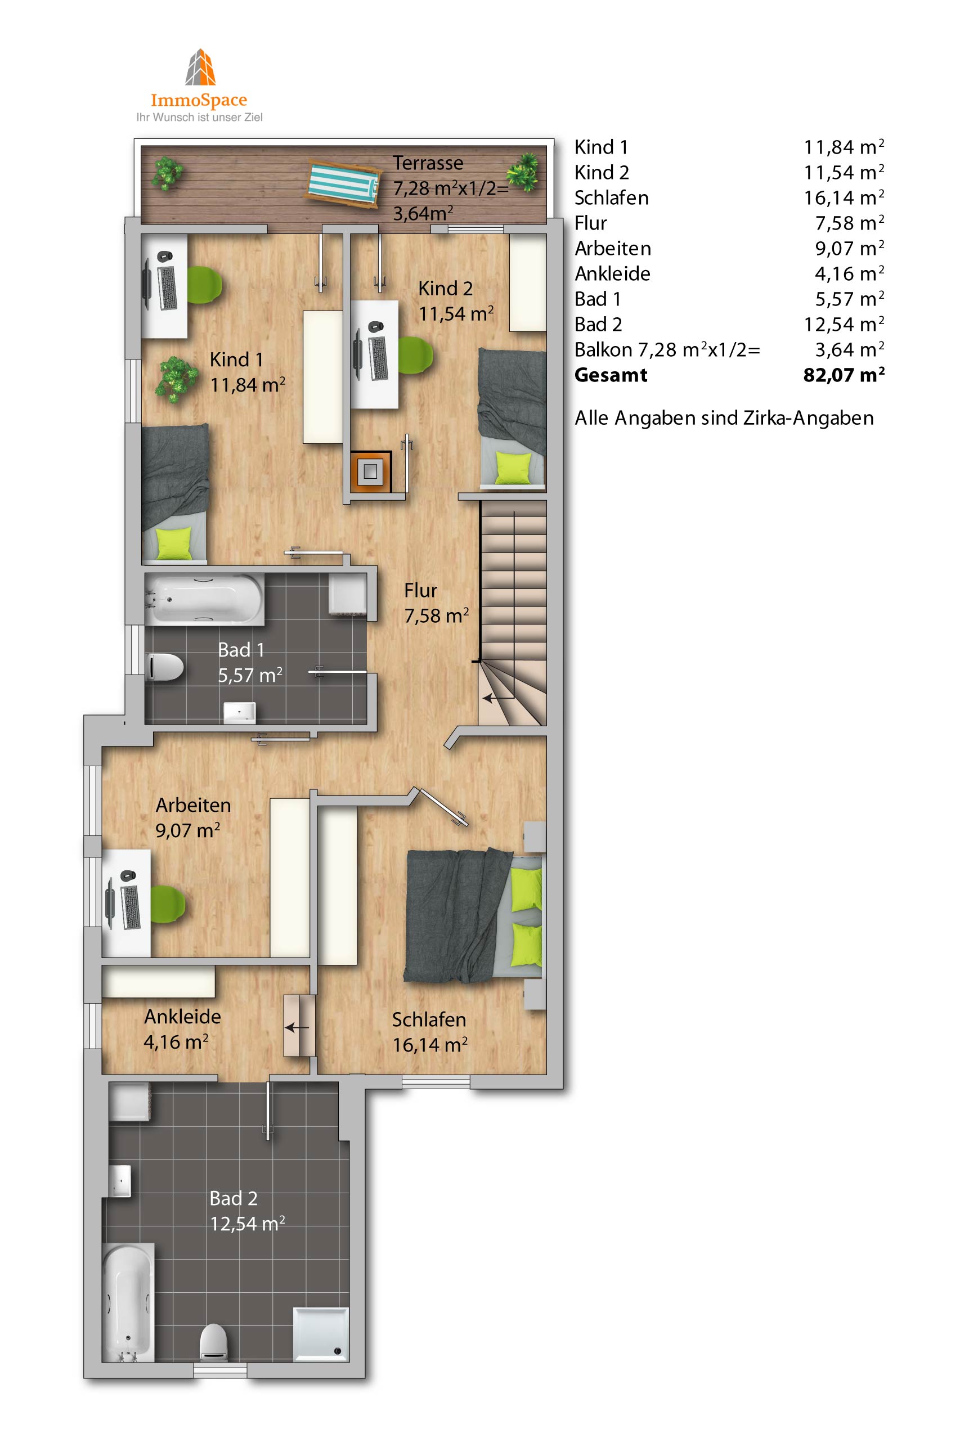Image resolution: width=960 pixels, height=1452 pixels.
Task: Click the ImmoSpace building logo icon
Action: click(x=200, y=67)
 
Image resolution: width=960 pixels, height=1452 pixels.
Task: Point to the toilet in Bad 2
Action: click(x=214, y=1343)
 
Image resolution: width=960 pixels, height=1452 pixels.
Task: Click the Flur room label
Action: click(x=420, y=591)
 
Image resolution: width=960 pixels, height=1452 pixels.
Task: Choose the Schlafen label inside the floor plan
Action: click(x=429, y=1019)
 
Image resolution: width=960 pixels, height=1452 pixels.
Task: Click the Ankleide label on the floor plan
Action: click(x=182, y=1016)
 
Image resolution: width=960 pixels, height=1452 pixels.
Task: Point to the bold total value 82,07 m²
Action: click(x=844, y=374)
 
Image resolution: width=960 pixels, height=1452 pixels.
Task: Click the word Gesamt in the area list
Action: click(x=611, y=375)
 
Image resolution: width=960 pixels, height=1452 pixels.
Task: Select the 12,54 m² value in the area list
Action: click(x=844, y=324)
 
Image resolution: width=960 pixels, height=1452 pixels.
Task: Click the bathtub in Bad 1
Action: click(x=204, y=599)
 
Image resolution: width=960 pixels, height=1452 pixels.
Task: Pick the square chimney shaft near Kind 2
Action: click(x=370, y=471)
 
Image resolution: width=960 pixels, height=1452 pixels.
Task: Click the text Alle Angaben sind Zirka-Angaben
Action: click(x=724, y=418)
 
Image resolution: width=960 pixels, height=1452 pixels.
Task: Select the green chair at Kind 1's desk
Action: click(x=204, y=284)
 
